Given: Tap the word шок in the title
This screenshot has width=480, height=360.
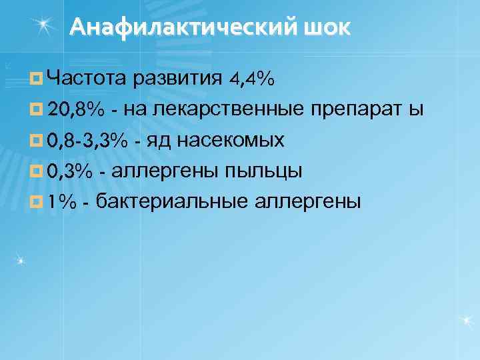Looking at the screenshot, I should (329, 27).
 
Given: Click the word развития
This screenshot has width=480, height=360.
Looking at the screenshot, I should (177, 79).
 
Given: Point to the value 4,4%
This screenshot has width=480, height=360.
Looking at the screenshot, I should (251, 79).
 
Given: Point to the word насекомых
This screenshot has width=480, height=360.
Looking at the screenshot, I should (231, 140).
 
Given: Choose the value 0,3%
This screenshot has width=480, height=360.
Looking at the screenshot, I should (69, 171).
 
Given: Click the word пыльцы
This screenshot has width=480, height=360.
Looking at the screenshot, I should (263, 171).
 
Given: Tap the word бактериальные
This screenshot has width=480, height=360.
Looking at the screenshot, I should (170, 201).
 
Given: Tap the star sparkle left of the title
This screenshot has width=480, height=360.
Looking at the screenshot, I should (46, 25).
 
